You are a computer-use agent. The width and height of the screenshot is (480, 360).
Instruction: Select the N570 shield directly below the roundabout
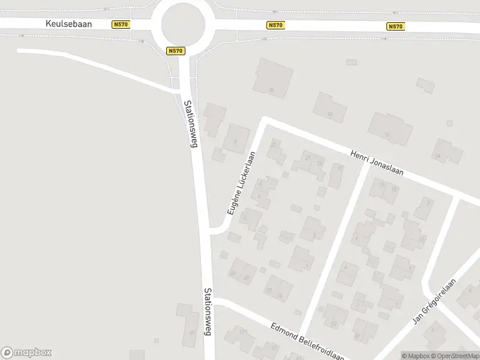175,51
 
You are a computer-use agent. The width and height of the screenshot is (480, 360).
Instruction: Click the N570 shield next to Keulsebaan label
120,25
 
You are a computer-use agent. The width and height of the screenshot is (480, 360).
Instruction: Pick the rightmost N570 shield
395,26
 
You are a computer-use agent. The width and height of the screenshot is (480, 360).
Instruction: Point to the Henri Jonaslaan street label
377,163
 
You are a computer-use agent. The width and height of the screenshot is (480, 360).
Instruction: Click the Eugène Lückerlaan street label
242,183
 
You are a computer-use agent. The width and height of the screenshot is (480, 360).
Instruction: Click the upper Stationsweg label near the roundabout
190,124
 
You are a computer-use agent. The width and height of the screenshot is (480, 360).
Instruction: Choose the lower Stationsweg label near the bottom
208,311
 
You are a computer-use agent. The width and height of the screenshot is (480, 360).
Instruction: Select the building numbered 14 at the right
447,152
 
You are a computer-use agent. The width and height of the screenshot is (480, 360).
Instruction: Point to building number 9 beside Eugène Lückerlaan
236,139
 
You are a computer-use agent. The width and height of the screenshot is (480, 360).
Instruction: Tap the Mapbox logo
26,353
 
